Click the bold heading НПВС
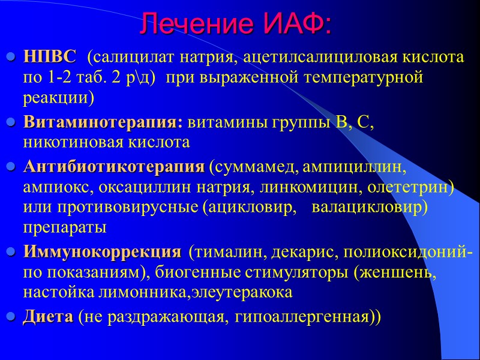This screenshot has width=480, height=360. click(50, 58)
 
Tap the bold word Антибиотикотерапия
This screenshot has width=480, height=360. click(113, 166)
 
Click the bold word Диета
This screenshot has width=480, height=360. click(49, 317)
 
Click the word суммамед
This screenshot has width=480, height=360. click(253, 166)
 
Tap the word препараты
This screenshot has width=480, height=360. click(65, 229)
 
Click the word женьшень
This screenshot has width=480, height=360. click(394, 273)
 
